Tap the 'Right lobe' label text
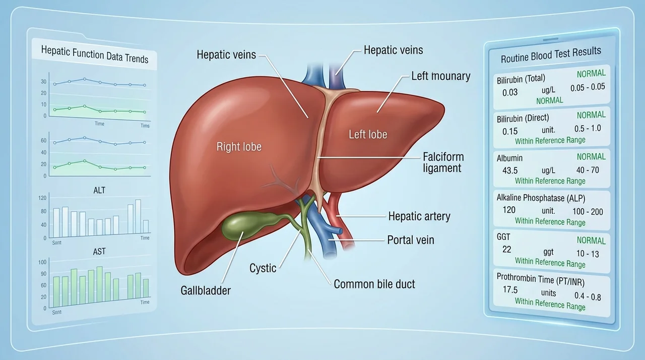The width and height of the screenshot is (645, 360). pos(239,147)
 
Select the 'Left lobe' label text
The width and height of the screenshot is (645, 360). pos(368,134)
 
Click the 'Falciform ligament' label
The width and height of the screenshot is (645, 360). pos(443,162)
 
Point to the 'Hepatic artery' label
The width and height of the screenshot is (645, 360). pos(419,216)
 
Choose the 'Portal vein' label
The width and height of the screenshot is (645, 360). pos(411,240)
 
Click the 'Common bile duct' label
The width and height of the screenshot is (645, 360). pos(374,284)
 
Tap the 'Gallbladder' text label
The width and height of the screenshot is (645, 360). pos(206,290)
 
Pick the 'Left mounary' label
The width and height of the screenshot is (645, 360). pos(441,76)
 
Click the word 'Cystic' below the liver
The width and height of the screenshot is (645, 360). pos(263,268)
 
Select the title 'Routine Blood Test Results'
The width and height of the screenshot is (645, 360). pos(551,55)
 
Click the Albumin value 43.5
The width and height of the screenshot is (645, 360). pos(510,170)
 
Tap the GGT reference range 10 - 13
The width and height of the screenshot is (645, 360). pos(588,254)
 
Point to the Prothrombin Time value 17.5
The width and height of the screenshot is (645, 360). pos(510,289)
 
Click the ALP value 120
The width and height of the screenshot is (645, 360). pos(509,210)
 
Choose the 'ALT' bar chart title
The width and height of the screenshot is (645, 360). pos(99,191)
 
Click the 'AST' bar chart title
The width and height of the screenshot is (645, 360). pos(99,252)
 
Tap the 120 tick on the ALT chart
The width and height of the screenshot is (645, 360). pos(42,198)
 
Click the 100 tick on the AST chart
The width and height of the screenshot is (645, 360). pos(42,262)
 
